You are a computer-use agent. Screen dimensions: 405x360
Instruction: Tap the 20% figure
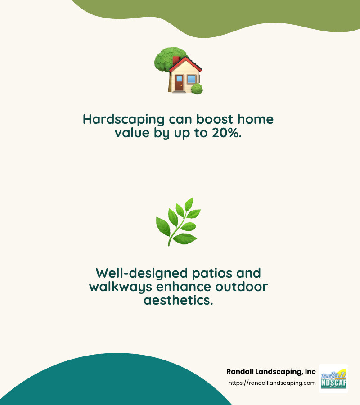coord(227,134)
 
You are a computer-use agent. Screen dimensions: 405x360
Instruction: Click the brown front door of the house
coord(179,84)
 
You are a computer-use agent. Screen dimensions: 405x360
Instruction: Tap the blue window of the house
coord(192,80)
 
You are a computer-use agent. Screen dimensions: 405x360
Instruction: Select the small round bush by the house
coord(197,89)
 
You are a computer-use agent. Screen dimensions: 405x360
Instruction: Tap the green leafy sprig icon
coord(178,221)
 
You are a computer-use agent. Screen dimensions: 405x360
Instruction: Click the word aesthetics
coord(178,300)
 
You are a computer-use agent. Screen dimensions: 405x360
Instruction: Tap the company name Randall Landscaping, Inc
coord(271,372)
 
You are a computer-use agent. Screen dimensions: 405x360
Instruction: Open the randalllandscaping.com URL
coord(272,383)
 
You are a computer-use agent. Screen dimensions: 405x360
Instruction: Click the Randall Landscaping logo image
coord(333,379)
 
